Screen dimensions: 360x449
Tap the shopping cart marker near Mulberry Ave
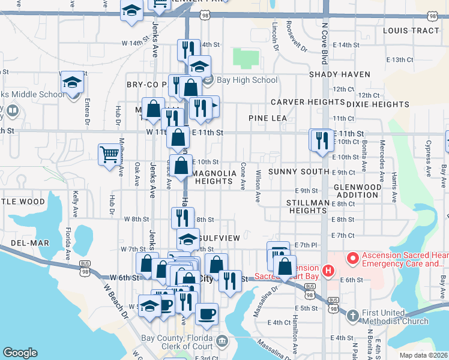109,154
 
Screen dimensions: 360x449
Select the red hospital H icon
328,271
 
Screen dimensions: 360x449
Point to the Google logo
20,353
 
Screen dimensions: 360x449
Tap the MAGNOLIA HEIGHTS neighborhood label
212,177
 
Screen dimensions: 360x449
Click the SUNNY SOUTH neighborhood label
298,172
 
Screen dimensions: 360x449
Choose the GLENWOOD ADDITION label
357,191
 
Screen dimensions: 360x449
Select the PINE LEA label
268,118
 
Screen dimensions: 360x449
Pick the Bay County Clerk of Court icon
222,341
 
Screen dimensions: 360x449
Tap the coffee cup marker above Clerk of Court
206,314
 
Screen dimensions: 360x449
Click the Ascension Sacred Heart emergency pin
352,259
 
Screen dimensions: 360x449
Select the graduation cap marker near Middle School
73,82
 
